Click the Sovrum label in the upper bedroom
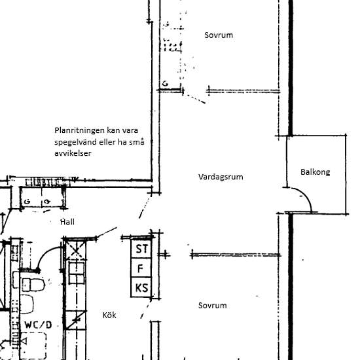click(219, 35)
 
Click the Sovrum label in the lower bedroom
click(212, 306)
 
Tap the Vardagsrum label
click(221, 177)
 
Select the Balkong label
click(315, 172)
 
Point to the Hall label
click(67, 222)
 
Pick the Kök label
click(109, 315)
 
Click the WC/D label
click(38, 325)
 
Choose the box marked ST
click(141, 249)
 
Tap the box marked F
click(141, 268)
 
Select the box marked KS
click(141, 287)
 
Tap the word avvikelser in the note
click(73, 153)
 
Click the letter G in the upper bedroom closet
click(165, 83)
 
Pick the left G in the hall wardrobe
click(27, 202)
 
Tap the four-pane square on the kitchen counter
click(77, 273)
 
